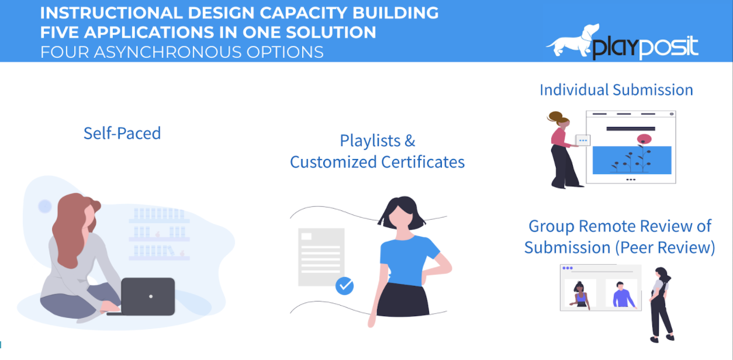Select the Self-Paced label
(122, 133)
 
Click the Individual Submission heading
(616, 90)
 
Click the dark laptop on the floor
(148, 296)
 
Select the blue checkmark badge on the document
(345, 286)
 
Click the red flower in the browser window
(644, 139)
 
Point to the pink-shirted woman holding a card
(562, 149)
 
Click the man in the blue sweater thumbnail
(623, 295)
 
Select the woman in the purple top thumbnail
(580, 295)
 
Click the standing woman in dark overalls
(661, 304)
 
